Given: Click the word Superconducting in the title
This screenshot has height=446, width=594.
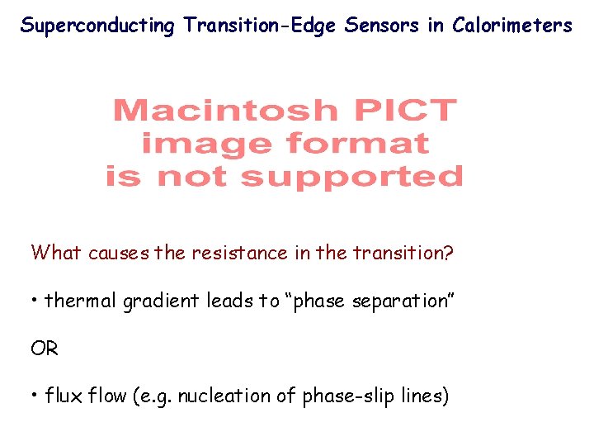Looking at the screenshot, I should tap(97, 26).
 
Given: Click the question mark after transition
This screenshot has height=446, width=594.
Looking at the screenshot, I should tap(449, 253).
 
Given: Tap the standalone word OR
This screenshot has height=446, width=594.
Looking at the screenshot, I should tap(45, 349).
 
